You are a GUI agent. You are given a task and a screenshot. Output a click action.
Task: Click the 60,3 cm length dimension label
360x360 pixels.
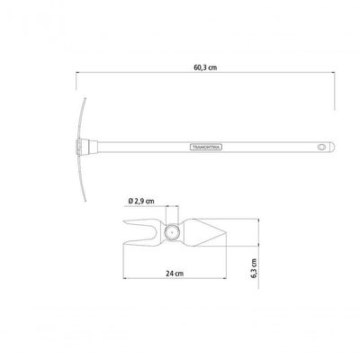pyautogui.click(x=205, y=67)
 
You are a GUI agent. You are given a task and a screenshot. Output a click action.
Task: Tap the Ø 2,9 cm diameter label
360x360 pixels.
pyautogui.click(x=141, y=201)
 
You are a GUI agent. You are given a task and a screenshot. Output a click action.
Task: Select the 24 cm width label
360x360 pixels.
pyautogui.click(x=175, y=274)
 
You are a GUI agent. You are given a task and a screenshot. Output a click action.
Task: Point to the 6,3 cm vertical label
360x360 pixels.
pyautogui.click(x=254, y=268)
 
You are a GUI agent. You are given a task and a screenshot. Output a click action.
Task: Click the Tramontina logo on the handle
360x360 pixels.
pyautogui.click(x=206, y=147)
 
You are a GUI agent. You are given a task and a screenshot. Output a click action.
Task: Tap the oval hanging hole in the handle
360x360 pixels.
pyautogui.click(x=321, y=147)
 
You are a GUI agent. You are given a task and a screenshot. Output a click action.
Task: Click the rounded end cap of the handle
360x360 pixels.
pyautogui.click(x=331, y=147)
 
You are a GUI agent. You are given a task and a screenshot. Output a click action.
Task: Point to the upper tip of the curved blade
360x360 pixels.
pyautogui.click(x=85, y=98)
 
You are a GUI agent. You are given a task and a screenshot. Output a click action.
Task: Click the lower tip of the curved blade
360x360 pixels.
pyautogui.click(x=85, y=201)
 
